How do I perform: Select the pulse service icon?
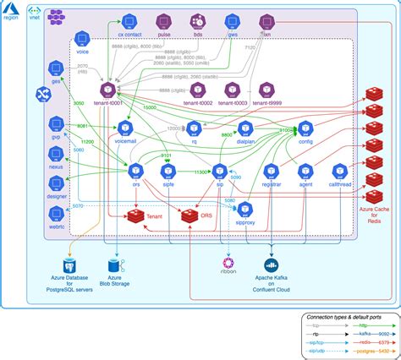165,20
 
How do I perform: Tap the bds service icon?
198,20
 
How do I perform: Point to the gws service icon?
231,20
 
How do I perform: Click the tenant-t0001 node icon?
107,88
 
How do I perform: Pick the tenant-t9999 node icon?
266,88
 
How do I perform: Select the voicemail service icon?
125,128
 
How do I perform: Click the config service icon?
306,128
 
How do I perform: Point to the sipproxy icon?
246,210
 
